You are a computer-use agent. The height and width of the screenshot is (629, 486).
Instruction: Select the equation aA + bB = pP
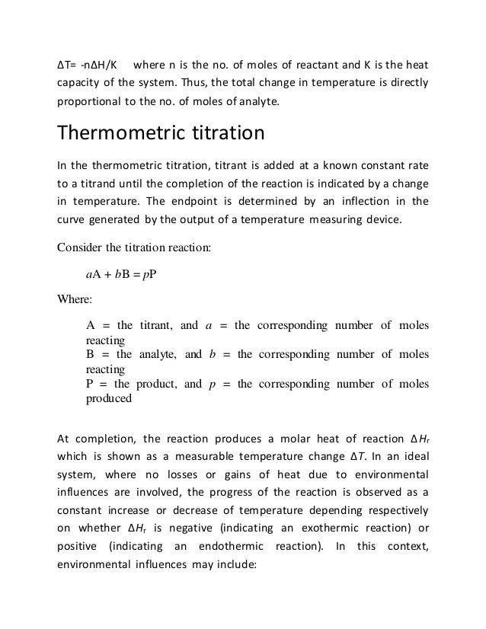120,275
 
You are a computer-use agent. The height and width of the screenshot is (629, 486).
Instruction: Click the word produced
109,397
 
